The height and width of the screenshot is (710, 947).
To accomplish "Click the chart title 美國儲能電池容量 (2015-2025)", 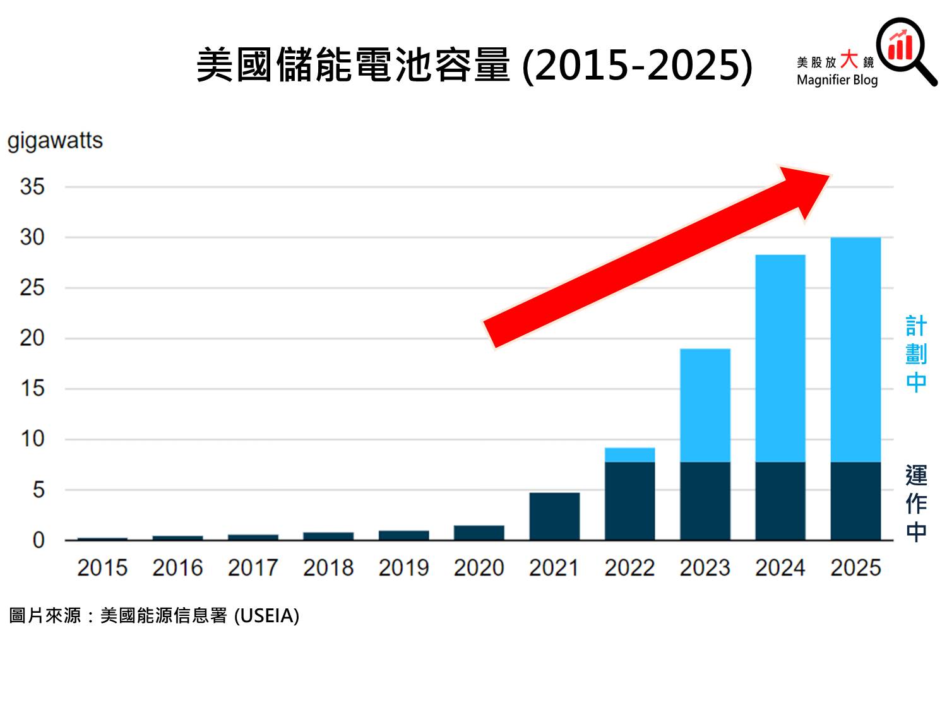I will pyautogui.click(x=474, y=66).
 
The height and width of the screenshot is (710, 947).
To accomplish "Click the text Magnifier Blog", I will pyautogui.click(x=837, y=80).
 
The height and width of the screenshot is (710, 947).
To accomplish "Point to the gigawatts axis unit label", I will pyautogui.click(x=55, y=140).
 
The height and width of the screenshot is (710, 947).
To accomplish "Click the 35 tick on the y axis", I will pyautogui.click(x=32, y=187).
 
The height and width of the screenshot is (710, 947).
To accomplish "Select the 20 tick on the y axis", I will pyautogui.click(x=32, y=338).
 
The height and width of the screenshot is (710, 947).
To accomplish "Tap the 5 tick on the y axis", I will pyautogui.click(x=39, y=490).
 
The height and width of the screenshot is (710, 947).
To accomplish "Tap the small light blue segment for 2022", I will pyautogui.click(x=629, y=454).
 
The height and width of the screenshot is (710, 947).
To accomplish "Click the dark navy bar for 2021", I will pyautogui.click(x=554, y=516).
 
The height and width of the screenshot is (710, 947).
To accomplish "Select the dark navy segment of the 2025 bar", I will pyautogui.click(x=855, y=501).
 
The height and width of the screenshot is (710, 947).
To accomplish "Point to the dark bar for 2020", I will pyautogui.click(x=479, y=533).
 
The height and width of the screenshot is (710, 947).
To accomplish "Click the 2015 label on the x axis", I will pyautogui.click(x=102, y=568).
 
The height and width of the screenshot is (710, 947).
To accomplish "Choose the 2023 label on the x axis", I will pyautogui.click(x=705, y=568).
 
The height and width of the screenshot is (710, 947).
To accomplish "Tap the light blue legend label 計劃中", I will pyautogui.click(x=915, y=354).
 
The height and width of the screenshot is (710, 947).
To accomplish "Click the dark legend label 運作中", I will pyautogui.click(x=915, y=503).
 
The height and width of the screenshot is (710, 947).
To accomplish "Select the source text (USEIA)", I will pyautogui.click(x=266, y=615).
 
